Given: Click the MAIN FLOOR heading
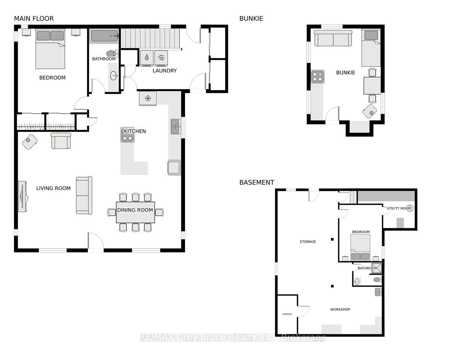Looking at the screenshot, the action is [x=33, y=19].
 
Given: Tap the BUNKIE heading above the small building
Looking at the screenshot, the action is [x=251, y=19].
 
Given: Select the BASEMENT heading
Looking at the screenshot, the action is [x=257, y=183].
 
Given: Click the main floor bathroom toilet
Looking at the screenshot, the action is [x=112, y=53].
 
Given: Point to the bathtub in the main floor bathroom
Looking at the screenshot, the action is [x=104, y=36].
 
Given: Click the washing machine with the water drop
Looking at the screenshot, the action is [x=147, y=58].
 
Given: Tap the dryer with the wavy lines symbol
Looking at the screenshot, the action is [x=161, y=58].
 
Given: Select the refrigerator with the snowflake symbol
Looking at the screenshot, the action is [x=148, y=98].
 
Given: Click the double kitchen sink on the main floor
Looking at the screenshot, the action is [x=176, y=127].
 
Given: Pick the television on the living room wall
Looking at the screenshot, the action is [x=23, y=197].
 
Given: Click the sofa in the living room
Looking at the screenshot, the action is [x=84, y=195].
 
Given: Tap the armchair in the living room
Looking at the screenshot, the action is [x=61, y=140].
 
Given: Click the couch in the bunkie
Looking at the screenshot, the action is [x=333, y=38].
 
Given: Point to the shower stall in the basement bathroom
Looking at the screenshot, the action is [x=377, y=268].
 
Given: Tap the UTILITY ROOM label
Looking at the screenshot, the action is [x=399, y=208].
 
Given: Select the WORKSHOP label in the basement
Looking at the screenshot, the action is [x=340, y=310].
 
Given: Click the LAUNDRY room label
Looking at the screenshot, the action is [x=165, y=71].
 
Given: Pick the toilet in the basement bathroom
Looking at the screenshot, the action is [x=377, y=280].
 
